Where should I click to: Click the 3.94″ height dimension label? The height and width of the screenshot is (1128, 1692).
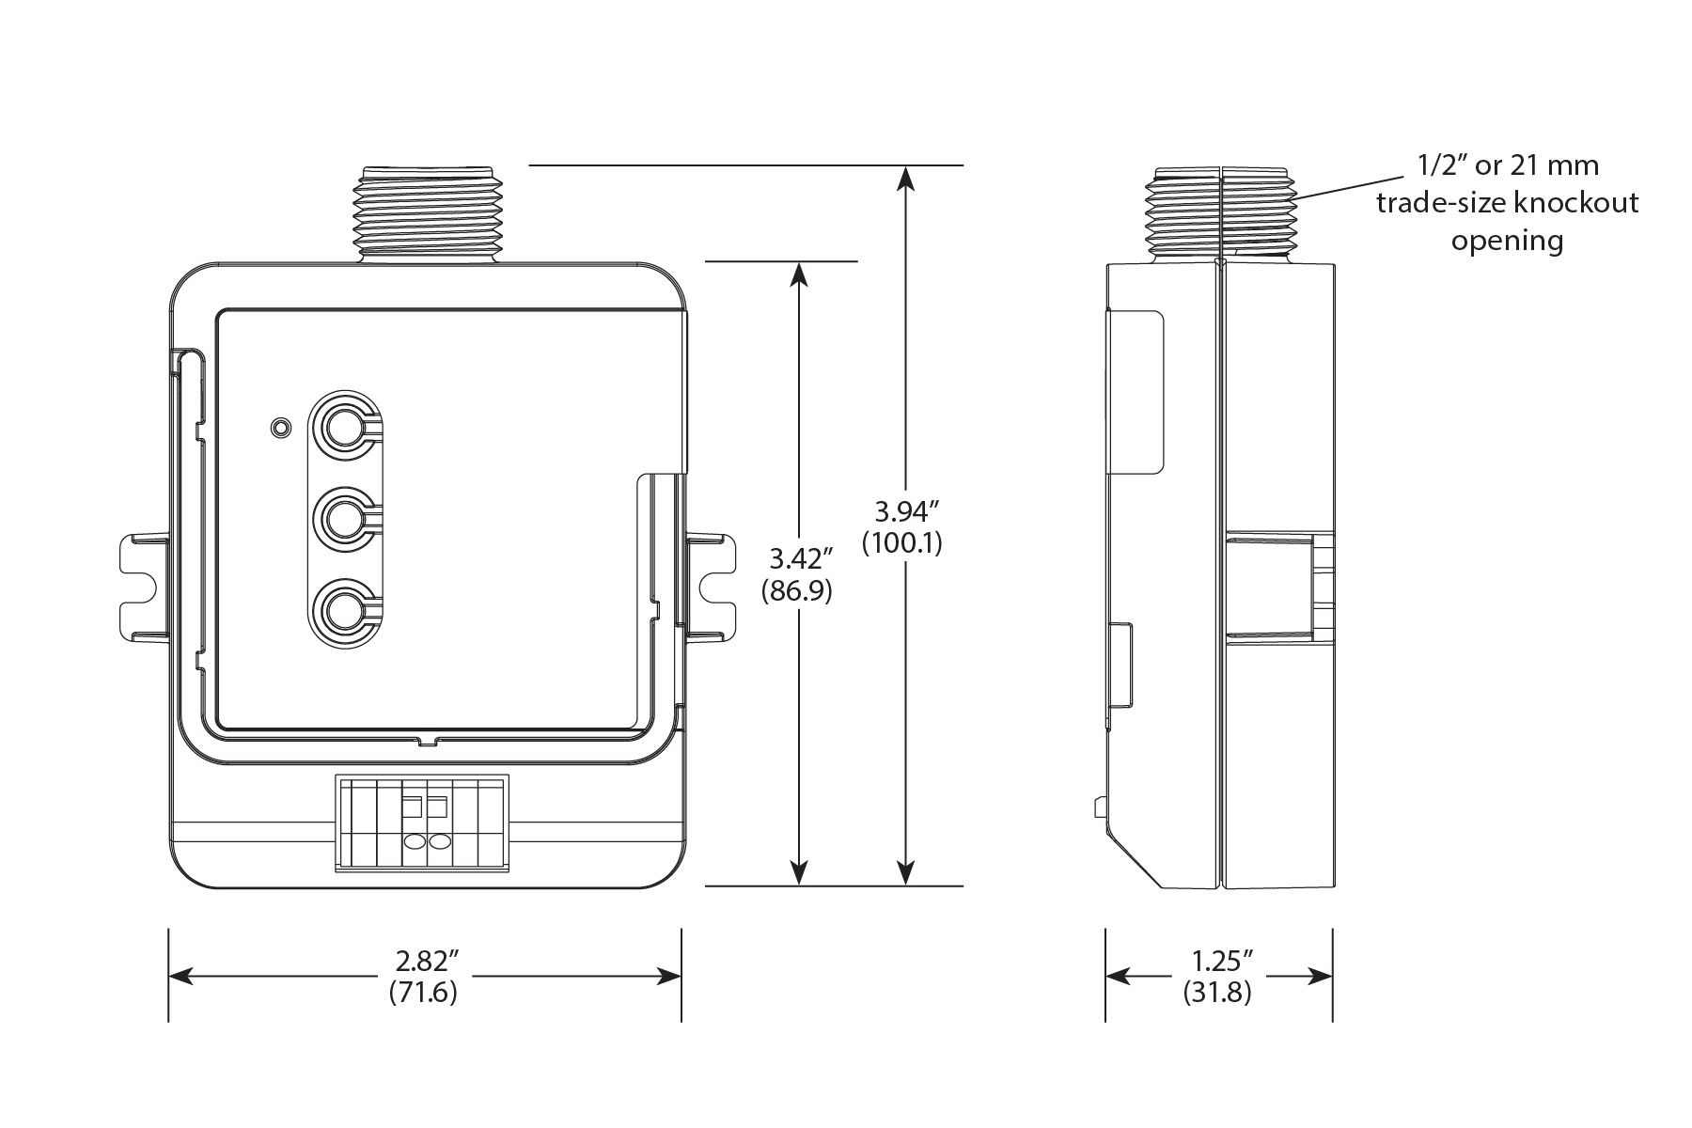[x=907, y=512]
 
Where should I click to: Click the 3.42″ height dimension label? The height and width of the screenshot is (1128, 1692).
[x=801, y=560]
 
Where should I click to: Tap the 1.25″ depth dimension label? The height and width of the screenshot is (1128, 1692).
[x=1218, y=962]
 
